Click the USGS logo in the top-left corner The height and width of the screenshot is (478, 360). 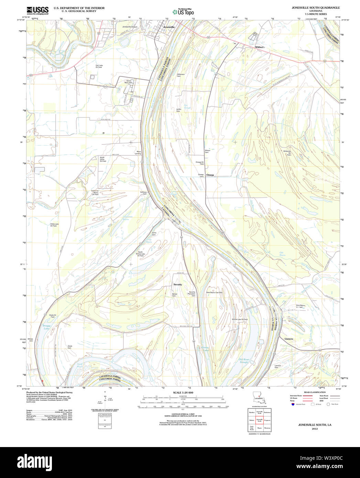[37, 10]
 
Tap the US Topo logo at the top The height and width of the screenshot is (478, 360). [183, 12]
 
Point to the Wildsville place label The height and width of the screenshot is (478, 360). [260, 47]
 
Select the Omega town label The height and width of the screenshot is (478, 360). [210, 175]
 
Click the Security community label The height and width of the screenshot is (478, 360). [177, 284]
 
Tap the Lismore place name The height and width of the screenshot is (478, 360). [289, 339]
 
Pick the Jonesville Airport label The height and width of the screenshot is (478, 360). [130, 27]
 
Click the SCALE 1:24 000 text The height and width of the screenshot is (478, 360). [183, 393]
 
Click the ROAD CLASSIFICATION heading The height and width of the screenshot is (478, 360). [315, 392]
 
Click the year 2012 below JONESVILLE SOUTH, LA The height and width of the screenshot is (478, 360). [315, 429]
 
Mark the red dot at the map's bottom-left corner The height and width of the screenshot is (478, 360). [42, 381]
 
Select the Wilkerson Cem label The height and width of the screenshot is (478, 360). [181, 75]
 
